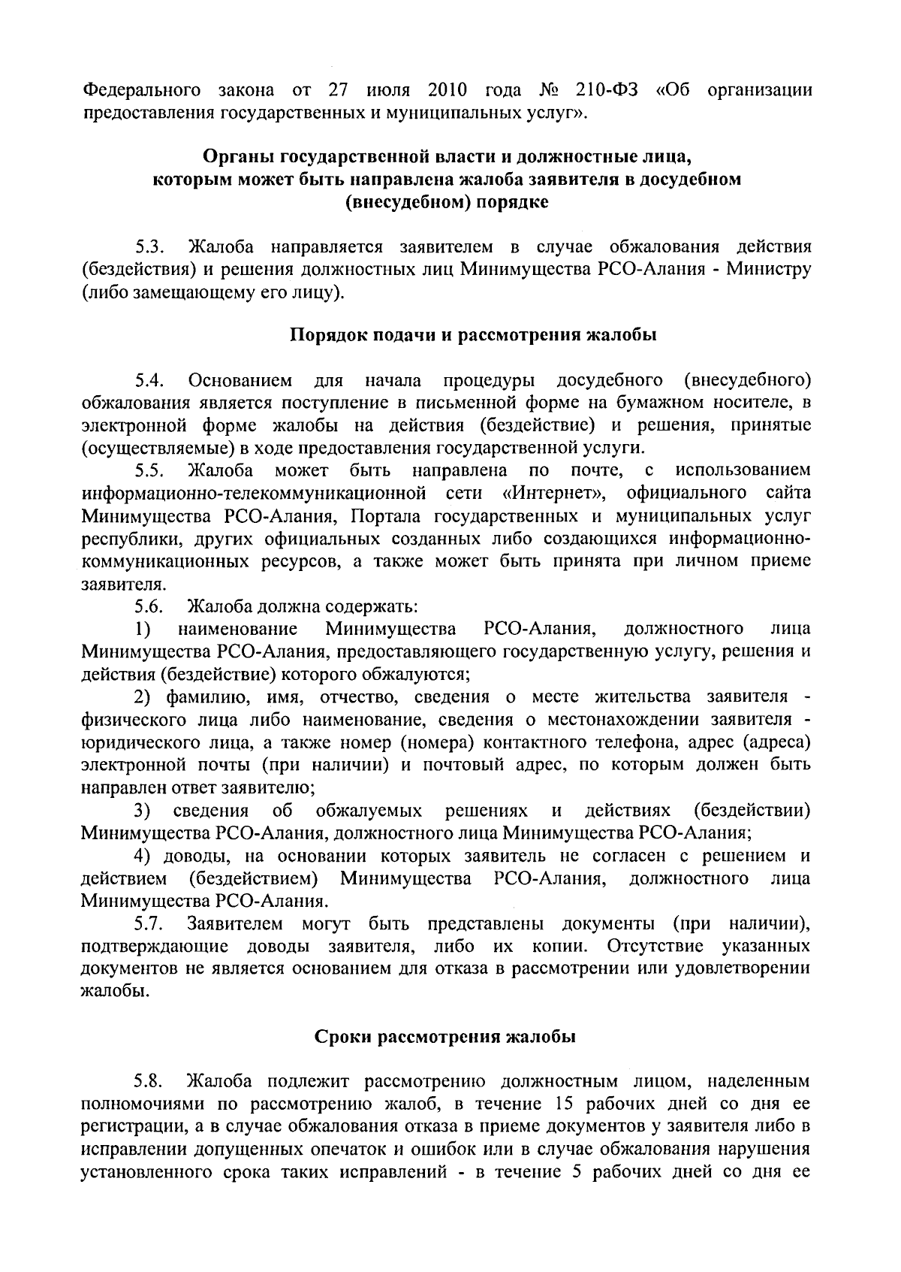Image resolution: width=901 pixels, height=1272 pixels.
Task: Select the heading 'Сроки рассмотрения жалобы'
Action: [444, 1038]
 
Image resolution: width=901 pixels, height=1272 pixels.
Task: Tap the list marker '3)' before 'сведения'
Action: [143, 811]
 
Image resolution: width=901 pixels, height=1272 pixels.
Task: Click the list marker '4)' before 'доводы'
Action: [143, 856]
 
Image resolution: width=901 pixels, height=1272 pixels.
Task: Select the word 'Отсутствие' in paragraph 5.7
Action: [656, 945]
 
